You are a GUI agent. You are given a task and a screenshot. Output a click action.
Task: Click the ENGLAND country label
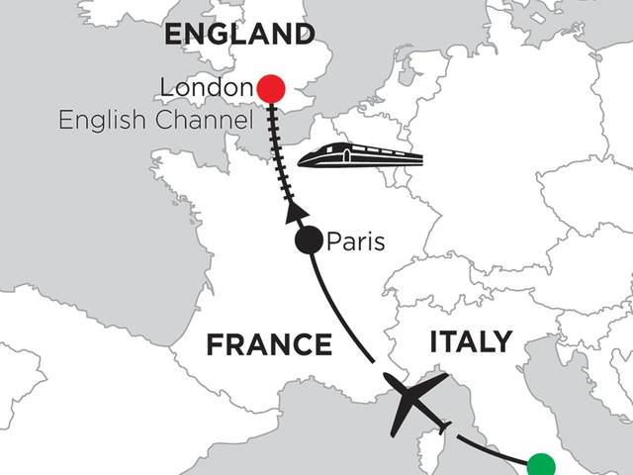[x=238, y=35]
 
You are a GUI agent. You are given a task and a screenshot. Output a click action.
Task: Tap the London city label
[x=206, y=90]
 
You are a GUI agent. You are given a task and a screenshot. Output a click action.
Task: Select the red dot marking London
[x=270, y=89]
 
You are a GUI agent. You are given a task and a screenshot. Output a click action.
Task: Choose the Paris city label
[x=355, y=241]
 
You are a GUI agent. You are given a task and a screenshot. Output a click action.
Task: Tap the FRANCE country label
[x=268, y=345]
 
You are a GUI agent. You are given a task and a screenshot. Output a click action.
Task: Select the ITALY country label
[x=471, y=343]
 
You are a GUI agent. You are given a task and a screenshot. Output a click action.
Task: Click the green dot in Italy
[x=541, y=465]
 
